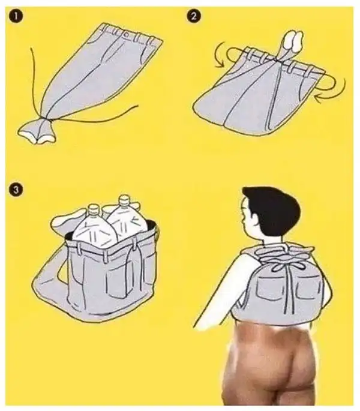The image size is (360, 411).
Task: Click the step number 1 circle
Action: (16, 16)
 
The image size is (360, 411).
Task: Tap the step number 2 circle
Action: (194, 16)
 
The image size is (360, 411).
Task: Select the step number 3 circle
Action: (16, 190)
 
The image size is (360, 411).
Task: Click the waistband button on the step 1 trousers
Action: (127, 35)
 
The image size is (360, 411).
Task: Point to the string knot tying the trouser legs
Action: (43, 120)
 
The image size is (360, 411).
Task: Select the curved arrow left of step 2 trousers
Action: (220, 54)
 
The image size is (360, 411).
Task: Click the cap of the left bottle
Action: (92, 210)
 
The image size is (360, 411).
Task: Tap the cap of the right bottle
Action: (124, 200)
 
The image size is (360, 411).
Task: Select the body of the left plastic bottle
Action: (94, 228)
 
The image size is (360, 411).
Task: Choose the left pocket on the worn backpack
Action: (269, 289)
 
